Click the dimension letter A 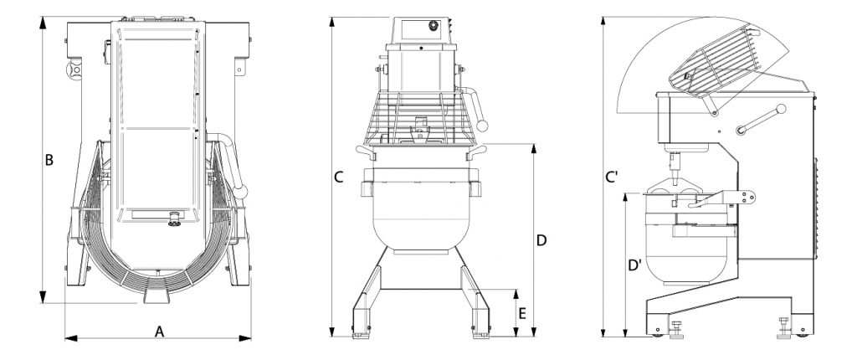click(x=159, y=332)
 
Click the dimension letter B click(x=49, y=160)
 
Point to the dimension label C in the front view click(x=338, y=177)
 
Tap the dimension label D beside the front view click(x=541, y=240)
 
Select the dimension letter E click(x=522, y=313)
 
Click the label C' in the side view click(x=613, y=177)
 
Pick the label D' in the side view click(x=634, y=266)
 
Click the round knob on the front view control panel click(x=434, y=25)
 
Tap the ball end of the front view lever click(x=481, y=126)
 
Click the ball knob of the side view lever click(x=781, y=109)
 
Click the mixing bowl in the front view click(x=421, y=214)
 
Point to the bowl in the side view click(x=687, y=246)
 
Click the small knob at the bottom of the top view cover click(x=176, y=219)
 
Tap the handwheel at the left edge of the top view click(x=74, y=70)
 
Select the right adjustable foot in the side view click(x=784, y=327)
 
